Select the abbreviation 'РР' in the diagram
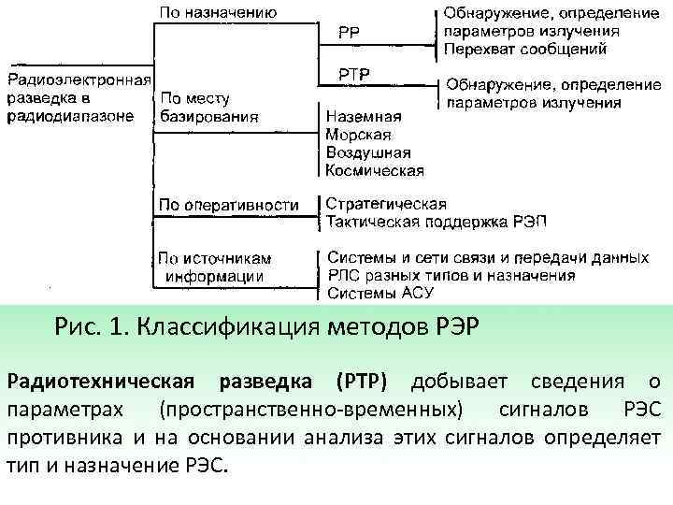click(350, 31)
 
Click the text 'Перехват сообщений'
click(524, 48)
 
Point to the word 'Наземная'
click(364, 117)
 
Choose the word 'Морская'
click(359, 135)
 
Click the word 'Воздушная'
click(368, 152)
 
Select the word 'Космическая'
click(375, 170)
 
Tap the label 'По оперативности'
click(229, 204)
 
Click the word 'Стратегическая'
click(385, 203)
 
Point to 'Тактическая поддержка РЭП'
click(435, 221)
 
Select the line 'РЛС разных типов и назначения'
click(451, 275)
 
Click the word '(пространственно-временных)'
click(310, 410)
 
